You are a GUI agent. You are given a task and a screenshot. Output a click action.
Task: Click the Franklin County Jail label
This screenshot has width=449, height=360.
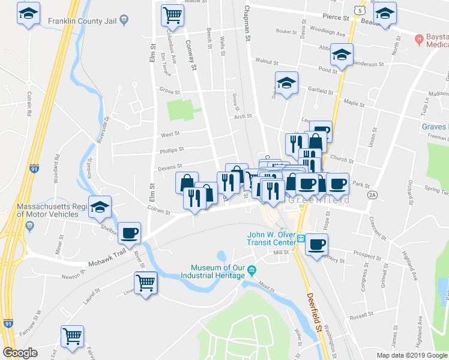click(82, 19)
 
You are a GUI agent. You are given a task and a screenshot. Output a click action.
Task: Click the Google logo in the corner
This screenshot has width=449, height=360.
click(20, 352)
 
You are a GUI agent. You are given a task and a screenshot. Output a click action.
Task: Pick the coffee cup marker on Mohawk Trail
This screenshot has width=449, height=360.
click(130, 233)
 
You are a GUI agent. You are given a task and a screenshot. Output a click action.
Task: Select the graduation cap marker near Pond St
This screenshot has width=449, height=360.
click(342, 56)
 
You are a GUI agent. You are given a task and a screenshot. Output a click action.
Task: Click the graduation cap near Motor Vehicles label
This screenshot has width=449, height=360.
click(100, 207)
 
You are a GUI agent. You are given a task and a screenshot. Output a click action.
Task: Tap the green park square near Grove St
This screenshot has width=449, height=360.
click(180, 110)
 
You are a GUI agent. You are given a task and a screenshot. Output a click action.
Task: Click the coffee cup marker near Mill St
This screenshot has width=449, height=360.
click(316, 244)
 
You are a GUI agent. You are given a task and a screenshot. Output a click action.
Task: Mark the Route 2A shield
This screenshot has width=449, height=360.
click(372, 195)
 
